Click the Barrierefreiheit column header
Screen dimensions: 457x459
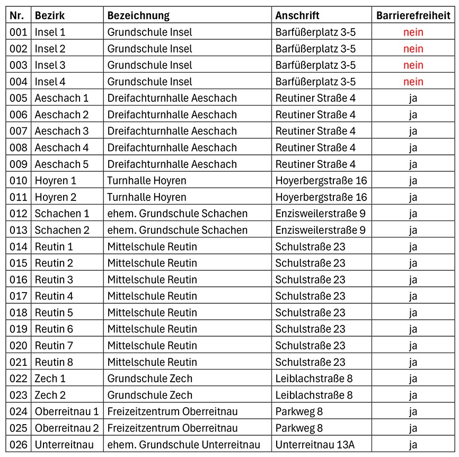pos(413,15)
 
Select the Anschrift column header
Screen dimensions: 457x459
pos(297,15)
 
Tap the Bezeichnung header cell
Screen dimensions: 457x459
pos(138,15)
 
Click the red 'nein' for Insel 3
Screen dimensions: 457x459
pos(413,65)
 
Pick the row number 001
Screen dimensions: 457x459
pos(18,32)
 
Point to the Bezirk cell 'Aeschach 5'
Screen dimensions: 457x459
pos(61,164)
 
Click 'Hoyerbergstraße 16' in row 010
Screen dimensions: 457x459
pos(321,180)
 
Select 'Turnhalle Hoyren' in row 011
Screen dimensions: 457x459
pos(147,197)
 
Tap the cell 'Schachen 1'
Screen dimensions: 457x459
pos(62,214)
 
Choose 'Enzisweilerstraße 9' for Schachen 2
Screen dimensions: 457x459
pos(320,230)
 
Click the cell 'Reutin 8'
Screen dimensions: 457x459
pos(54,362)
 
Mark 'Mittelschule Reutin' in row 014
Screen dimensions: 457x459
pos(152,247)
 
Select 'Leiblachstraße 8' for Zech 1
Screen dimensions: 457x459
pos(314,379)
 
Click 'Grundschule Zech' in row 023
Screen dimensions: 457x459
pos(150,395)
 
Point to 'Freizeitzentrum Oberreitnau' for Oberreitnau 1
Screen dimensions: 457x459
pos(172,411)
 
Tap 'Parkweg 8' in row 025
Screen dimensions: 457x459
pos(299,428)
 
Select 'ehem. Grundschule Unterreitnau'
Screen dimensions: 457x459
pos(183,444)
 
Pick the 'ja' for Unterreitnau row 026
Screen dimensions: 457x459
pos(413,444)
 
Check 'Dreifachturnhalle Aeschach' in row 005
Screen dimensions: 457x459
pos(172,98)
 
